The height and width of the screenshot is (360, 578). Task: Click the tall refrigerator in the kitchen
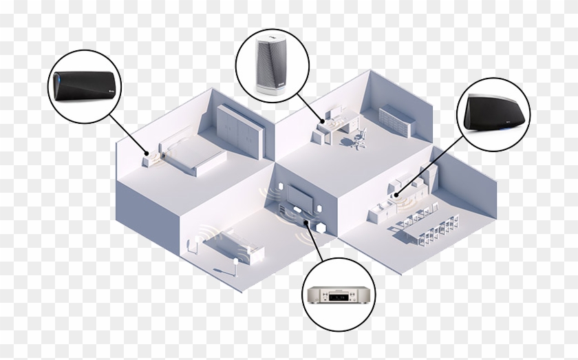pos(431,180)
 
